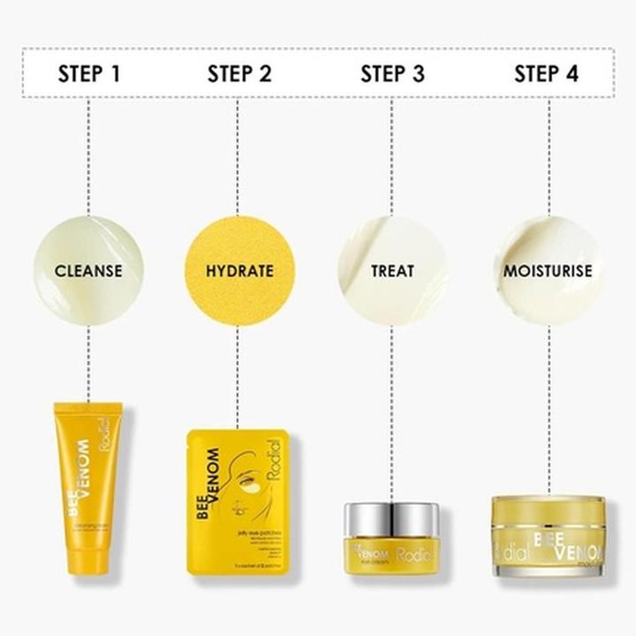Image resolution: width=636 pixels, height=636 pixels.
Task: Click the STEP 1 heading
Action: (x=88, y=73)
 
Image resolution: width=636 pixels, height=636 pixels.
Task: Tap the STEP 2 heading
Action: (x=238, y=73)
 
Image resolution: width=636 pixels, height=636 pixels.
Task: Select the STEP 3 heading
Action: (x=392, y=73)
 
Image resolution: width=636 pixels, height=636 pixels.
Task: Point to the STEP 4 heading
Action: (x=547, y=73)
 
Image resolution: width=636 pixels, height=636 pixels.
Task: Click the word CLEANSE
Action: (x=88, y=270)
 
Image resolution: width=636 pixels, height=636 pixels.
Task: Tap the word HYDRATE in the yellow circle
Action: (x=238, y=270)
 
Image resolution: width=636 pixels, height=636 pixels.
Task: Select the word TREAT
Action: (x=392, y=270)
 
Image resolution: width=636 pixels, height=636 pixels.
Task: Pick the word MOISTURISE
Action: (x=547, y=270)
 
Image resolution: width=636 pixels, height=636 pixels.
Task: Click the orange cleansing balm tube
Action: (x=88, y=486)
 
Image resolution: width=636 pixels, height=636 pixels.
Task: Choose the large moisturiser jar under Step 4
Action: (x=548, y=537)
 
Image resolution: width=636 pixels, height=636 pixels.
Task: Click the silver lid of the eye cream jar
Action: (x=390, y=517)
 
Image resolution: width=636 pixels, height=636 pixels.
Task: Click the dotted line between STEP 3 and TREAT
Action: (x=392, y=159)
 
